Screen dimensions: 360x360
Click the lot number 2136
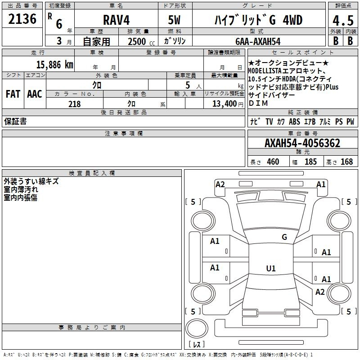click(x=22, y=19)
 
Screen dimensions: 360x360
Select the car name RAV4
click(x=116, y=20)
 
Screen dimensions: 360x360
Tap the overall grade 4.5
click(x=343, y=20)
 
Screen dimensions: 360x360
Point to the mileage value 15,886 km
click(x=54, y=64)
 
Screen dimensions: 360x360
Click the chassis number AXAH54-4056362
click(x=302, y=143)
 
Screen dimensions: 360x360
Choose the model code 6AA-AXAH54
click(x=258, y=41)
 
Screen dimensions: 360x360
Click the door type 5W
click(x=174, y=20)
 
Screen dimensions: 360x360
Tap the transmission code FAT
click(x=13, y=94)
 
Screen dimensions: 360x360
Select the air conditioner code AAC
click(x=35, y=94)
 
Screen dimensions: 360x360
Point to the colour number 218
click(x=74, y=104)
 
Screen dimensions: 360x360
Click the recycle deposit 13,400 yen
click(x=228, y=104)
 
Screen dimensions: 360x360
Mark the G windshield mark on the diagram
click(x=284, y=237)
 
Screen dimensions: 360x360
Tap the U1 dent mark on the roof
click(x=271, y=268)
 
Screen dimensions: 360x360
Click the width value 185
click(x=310, y=162)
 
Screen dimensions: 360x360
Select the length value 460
click(x=273, y=162)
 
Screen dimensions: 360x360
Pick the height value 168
click(x=346, y=162)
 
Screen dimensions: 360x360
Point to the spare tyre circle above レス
click(x=197, y=328)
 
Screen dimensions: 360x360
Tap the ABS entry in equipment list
click(x=294, y=121)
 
